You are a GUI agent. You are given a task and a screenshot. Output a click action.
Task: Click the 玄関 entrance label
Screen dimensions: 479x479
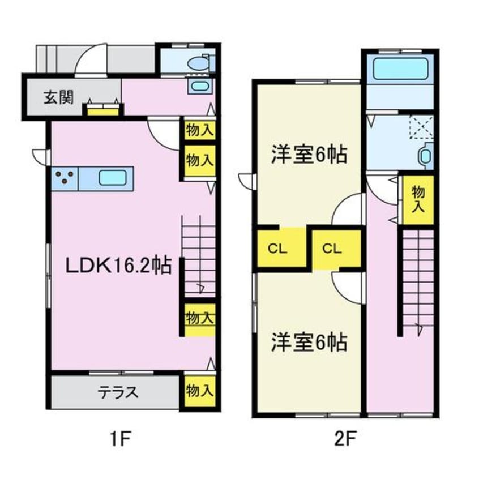(x=58, y=97)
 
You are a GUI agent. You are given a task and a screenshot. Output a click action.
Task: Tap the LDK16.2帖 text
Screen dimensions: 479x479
(x=118, y=266)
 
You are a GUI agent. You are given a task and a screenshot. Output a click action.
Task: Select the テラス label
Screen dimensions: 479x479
(x=118, y=392)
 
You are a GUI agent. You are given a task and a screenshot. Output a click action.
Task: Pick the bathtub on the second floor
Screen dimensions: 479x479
(x=399, y=70)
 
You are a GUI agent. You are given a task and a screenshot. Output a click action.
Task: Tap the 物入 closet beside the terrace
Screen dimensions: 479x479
(x=199, y=391)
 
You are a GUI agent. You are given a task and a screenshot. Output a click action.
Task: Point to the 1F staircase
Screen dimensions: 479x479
(x=198, y=255)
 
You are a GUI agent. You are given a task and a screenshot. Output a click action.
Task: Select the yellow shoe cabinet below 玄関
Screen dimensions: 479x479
(x=102, y=109)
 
